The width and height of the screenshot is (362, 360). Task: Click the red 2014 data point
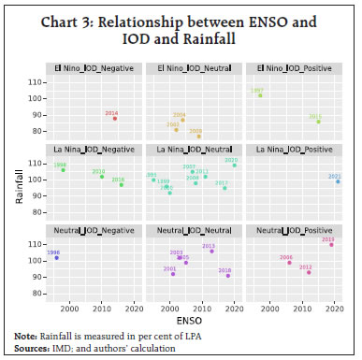115,118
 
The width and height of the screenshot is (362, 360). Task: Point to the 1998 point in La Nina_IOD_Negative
64,170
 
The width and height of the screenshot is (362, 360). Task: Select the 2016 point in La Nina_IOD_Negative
121,184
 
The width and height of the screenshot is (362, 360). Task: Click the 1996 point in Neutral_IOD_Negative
56,257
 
